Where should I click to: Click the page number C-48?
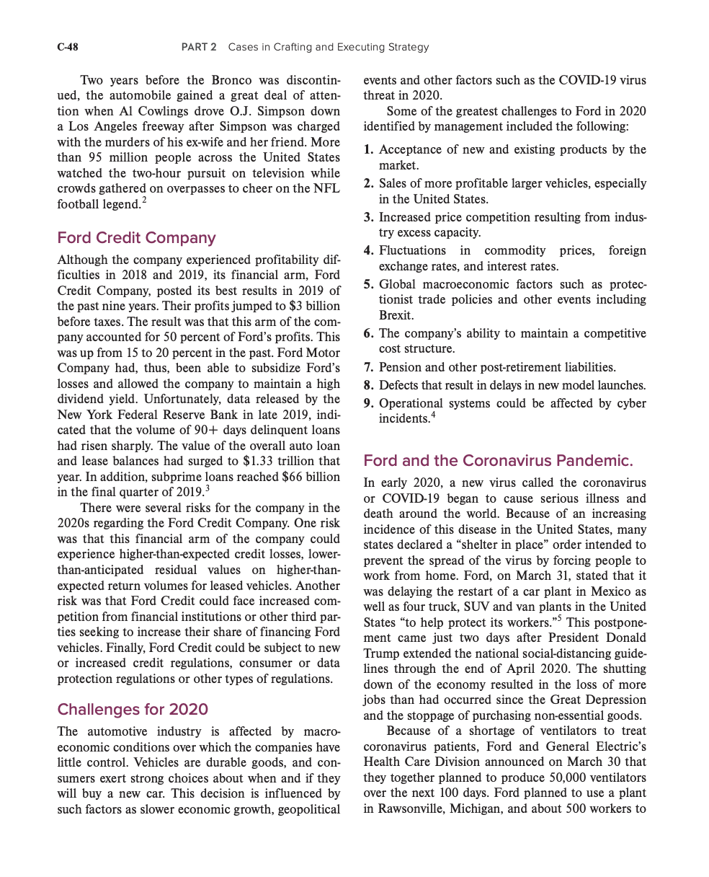point(68,48)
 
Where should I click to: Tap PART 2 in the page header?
point(199,48)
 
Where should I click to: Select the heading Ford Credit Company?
point(136,237)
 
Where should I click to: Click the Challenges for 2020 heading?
point(133,709)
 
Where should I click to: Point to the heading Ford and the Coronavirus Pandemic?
point(498,460)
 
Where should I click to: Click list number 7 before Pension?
point(368,368)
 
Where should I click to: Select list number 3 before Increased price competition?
point(368,217)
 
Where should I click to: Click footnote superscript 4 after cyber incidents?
point(433,415)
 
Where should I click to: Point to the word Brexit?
point(396,316)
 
